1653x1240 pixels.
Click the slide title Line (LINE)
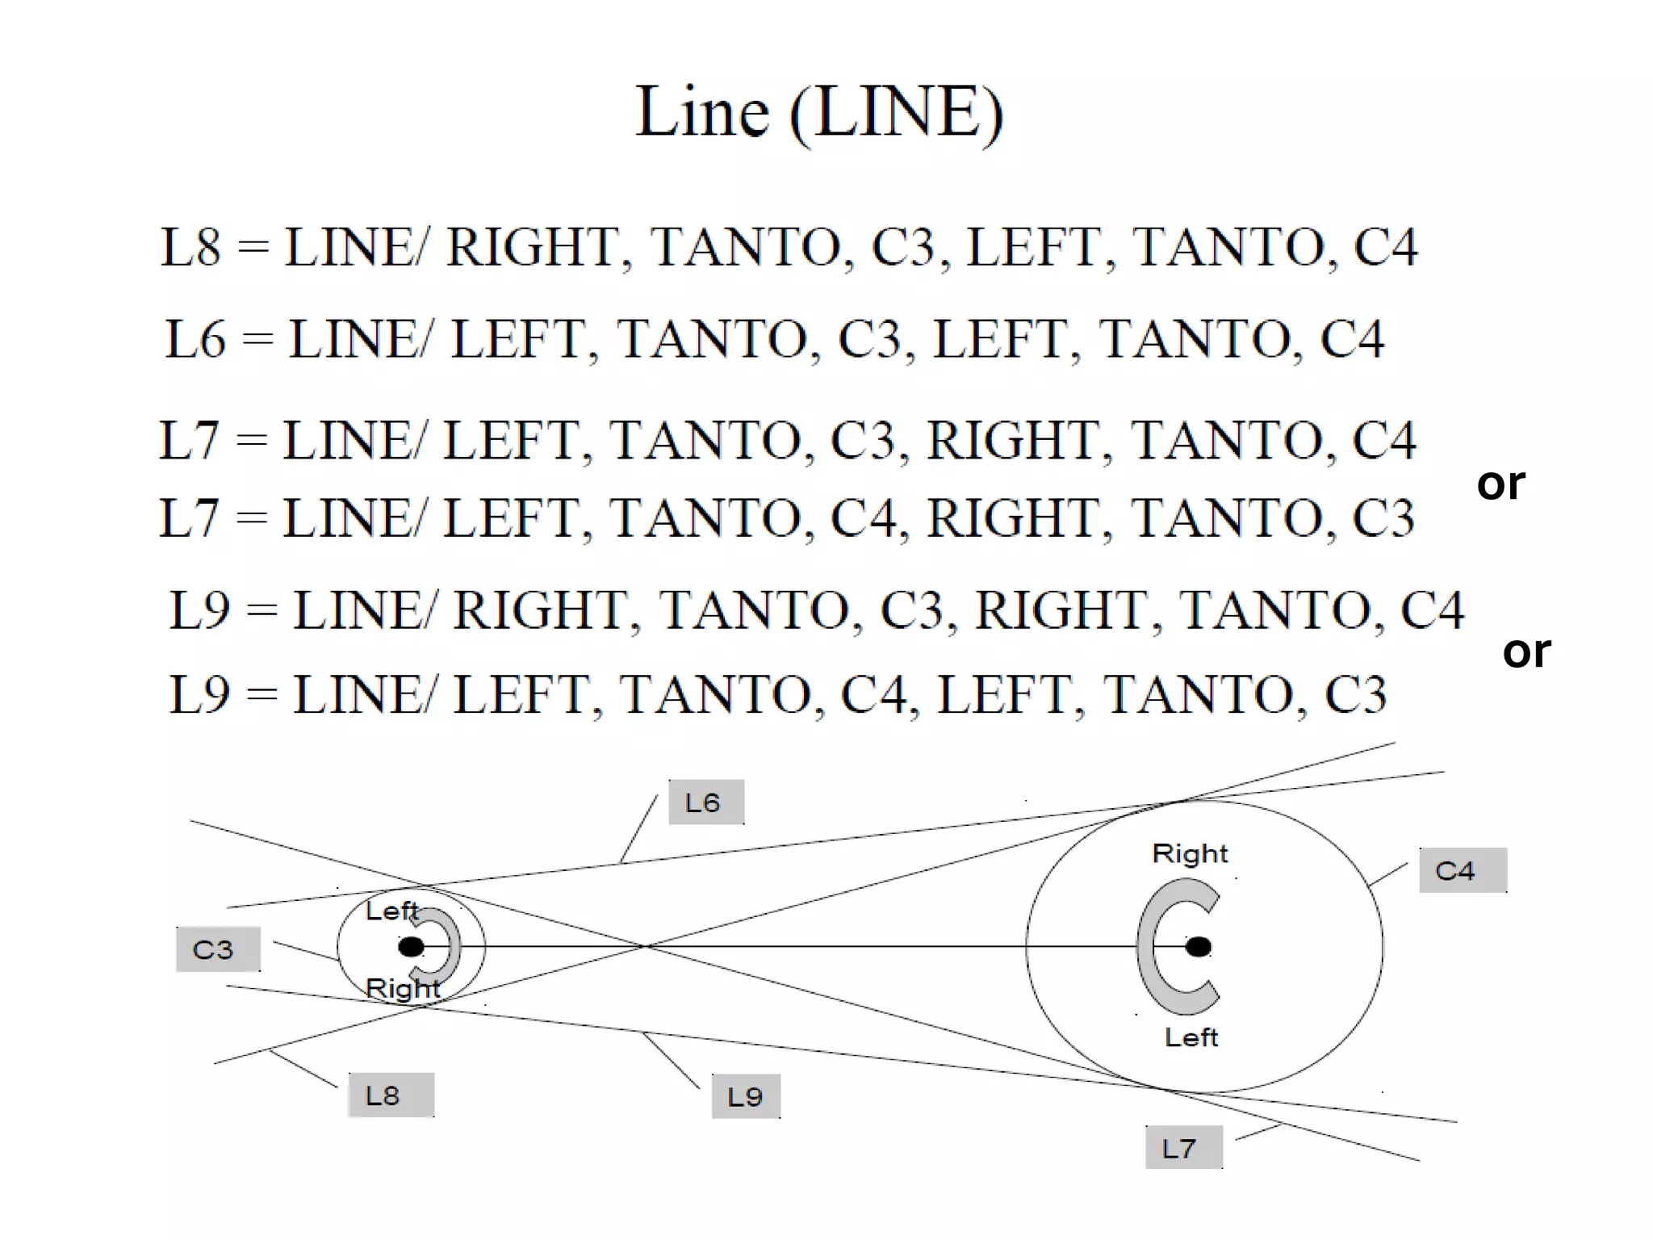818,113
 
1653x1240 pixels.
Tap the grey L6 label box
705,802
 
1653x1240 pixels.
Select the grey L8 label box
390,1095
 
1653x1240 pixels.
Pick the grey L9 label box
745,1096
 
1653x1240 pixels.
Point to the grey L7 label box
1182,1147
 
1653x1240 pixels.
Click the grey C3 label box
217,949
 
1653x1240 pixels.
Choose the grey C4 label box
1462,870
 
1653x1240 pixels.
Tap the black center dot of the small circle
412,946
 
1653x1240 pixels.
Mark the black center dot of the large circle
1199,946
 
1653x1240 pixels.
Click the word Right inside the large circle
1190,854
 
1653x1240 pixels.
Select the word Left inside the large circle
1191,1037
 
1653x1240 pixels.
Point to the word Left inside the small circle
391,911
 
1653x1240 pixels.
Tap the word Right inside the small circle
402,988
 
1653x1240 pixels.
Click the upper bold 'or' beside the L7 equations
1500,484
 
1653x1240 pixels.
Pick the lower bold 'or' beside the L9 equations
1526,651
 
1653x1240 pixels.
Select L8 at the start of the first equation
190,247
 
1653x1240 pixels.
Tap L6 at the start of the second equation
195,339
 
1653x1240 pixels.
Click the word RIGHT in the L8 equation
533,247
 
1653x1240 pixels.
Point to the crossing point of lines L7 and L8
647,945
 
